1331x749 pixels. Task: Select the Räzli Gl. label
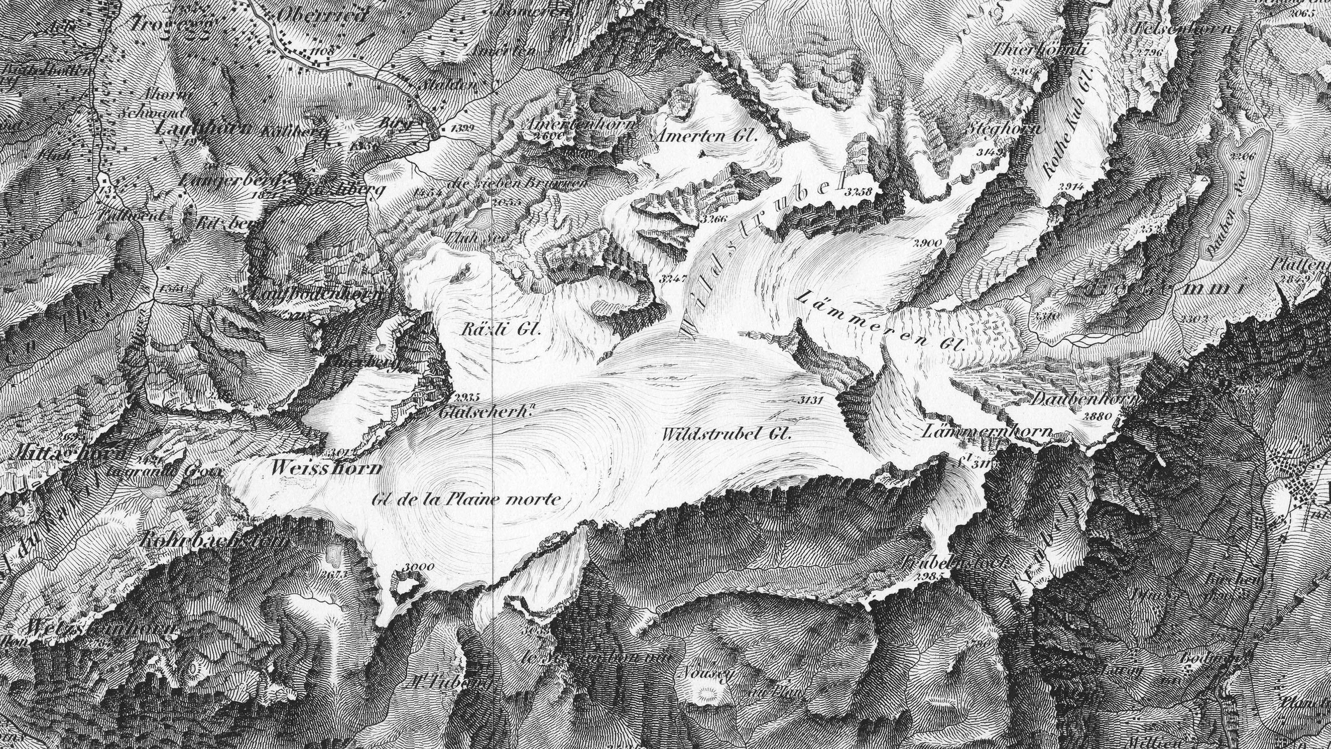click(x=500, y=329)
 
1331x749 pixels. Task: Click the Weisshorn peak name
click(x=326, y=468)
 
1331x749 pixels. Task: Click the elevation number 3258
click(x=859, y=192)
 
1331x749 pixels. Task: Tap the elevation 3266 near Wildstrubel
click(x=714, y=218)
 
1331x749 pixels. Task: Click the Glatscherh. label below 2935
click(x=486, y=412)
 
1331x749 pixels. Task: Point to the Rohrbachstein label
click(x=213, y=541)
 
